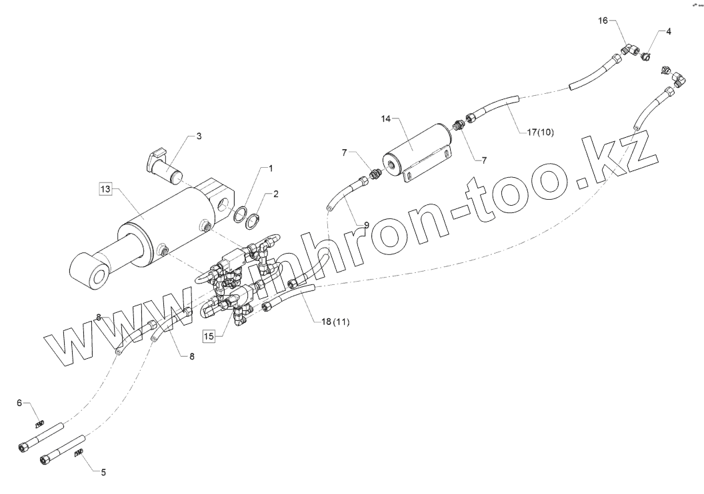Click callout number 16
[x=603, y=22]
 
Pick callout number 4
[x=669, y=31]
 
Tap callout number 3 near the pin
[x=198, y=136]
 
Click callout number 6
[x=19, y=403]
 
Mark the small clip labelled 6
[x=40, y=423]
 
